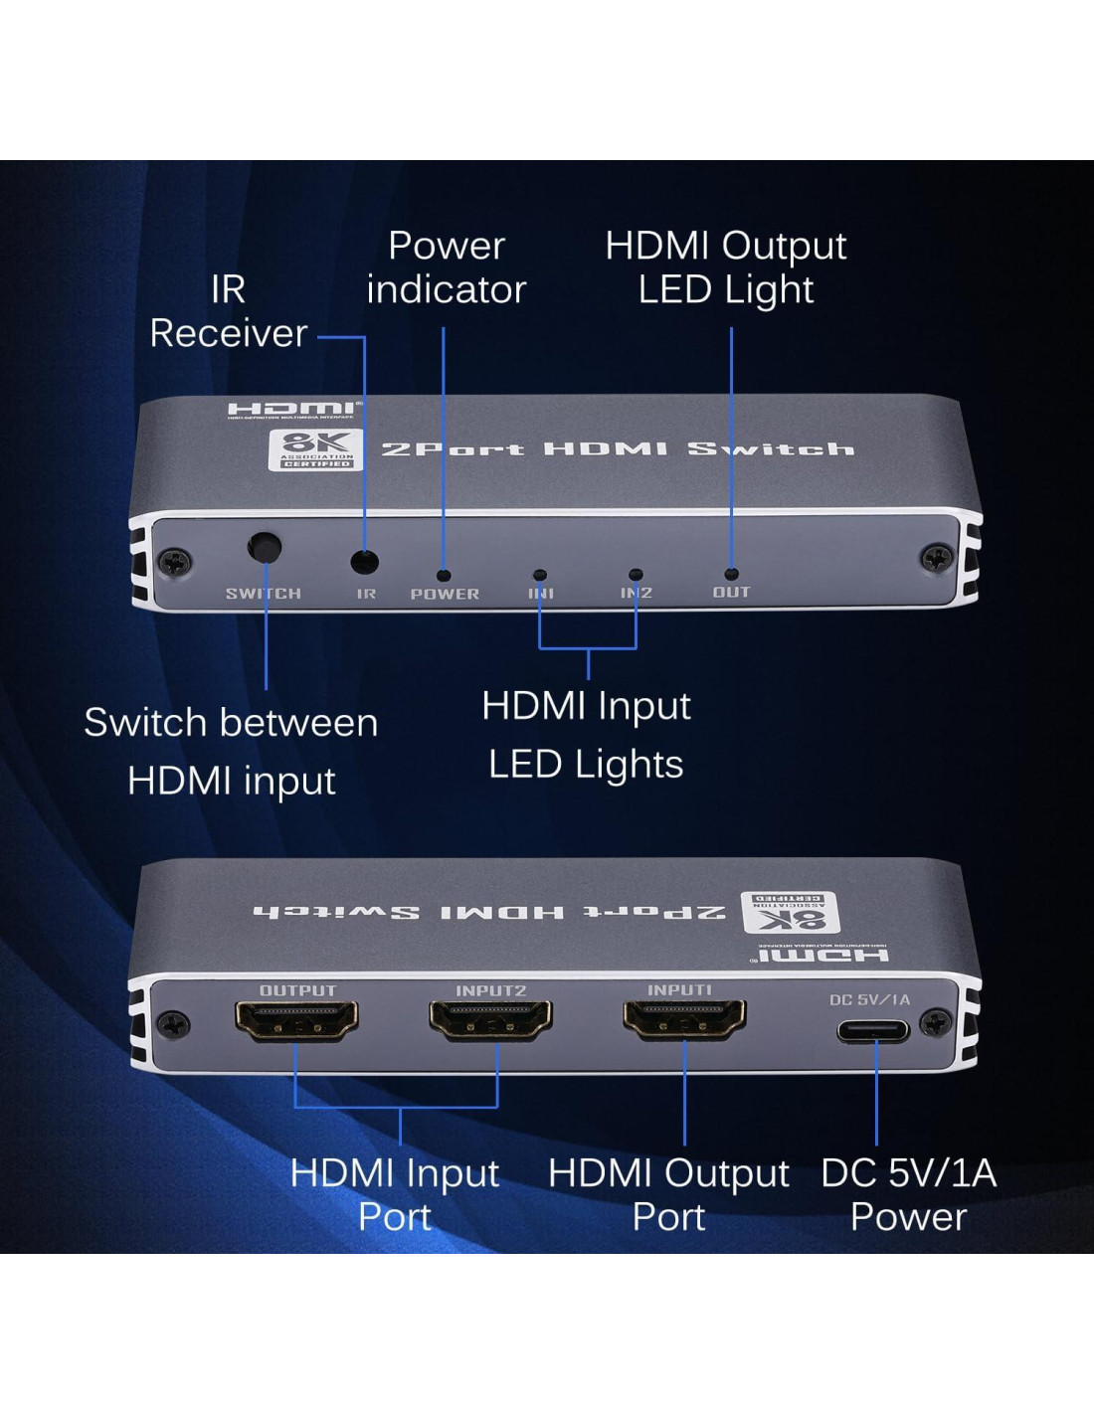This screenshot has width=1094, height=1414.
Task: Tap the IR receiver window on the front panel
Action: click(x=365, y=562)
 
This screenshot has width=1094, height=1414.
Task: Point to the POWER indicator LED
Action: click(x=444, y=575)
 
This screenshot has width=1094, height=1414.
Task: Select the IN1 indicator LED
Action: click(x=540, y=575)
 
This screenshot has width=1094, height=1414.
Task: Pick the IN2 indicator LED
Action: click(x=636, y=575)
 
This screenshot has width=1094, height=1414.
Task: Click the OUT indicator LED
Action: click(x=731, y=574)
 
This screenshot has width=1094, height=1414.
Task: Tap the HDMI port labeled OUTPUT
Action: click(x=296, y=1020)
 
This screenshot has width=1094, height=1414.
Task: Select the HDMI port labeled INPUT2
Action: click(x=490, y=1020)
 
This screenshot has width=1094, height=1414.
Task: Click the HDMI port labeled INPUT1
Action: click(x=684, y=1019)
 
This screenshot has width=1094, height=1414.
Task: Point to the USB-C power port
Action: click(x=874, y=1029)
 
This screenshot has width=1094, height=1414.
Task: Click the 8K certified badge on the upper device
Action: click(x=315, y=449)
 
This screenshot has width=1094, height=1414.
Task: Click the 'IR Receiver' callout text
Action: click(x=229, y=311)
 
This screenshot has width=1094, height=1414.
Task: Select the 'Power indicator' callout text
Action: click(x=446, y=267)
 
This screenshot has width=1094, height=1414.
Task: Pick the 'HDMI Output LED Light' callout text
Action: click(x=726, y=267)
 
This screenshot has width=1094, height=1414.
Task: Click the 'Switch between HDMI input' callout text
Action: click(x=231, y=751)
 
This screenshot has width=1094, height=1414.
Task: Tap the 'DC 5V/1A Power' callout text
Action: click(x=908, y=1194)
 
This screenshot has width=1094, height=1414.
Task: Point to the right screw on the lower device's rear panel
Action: click(x=935, y=1022)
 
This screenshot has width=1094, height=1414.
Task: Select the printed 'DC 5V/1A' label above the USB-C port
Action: click(x=870, y=999)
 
